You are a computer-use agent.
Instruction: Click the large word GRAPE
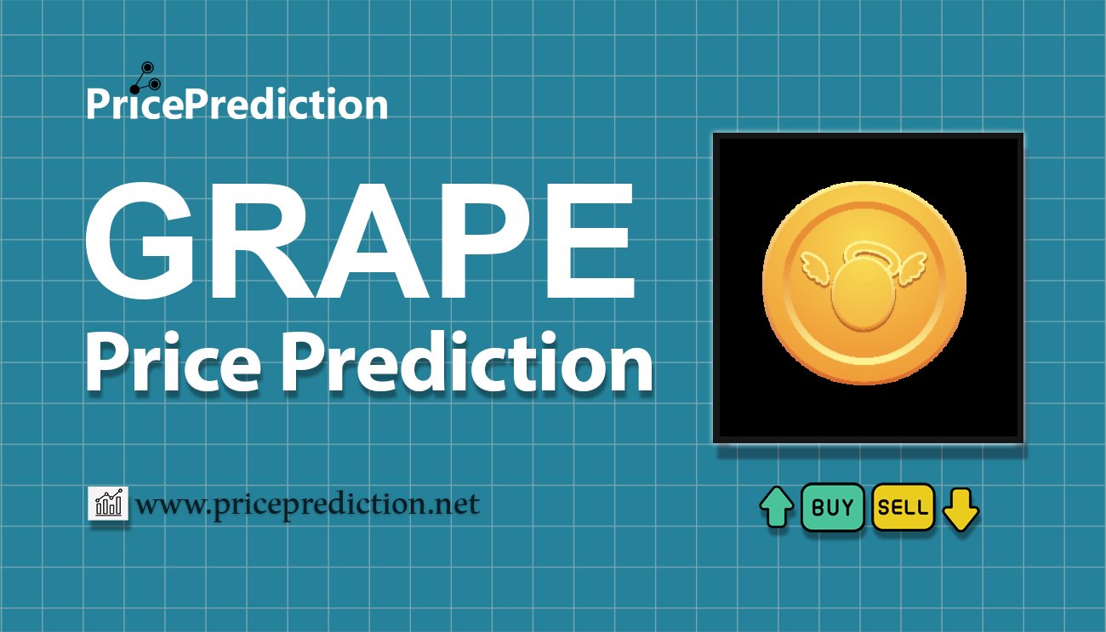(x=360, y=245)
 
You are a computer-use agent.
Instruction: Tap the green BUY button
(x=832, y=508)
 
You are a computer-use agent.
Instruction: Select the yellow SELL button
(x=903, y=508)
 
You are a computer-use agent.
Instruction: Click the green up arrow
(x=776, y=508)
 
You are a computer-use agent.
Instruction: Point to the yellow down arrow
(x=961, y=509)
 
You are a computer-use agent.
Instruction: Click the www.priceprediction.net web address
(x=307, y=505)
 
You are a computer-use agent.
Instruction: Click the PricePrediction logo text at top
(x=237, y=104)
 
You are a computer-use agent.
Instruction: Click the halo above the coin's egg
(x=864, y=252)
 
